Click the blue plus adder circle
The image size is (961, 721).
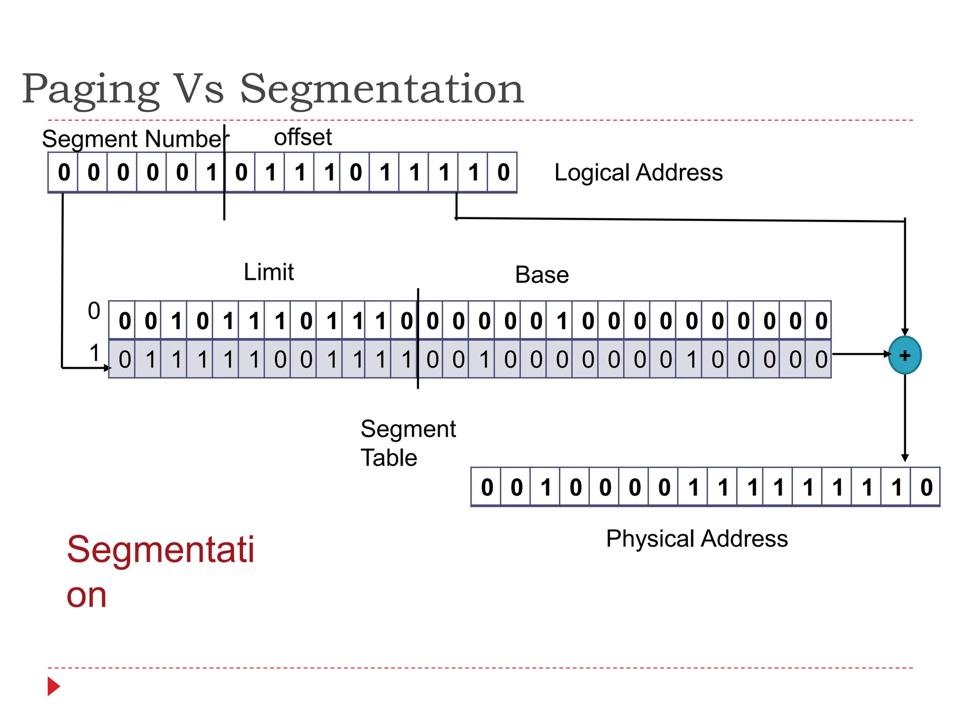click(904, 355)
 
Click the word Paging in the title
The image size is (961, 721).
click(91, 89)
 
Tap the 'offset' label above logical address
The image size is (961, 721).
click(303, 138)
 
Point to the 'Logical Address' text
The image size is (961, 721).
click(638, 173)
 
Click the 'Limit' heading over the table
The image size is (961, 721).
click(268, 272)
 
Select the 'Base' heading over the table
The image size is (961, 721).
click(542, 275)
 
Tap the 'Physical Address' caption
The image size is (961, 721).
click(696, 539)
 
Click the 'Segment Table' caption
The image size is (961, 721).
click(407, 443)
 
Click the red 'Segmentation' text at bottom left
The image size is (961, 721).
click(160, 571)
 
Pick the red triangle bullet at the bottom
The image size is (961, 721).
click(53, 686)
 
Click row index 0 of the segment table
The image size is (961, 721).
click(94, 311)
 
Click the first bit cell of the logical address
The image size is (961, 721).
click(64, 172)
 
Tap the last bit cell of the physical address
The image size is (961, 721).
click(925, 487)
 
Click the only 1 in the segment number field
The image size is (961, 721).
click(212, 172)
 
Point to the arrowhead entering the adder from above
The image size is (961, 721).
click(905, 331)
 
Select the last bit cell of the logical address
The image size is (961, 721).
click(503, 172)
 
